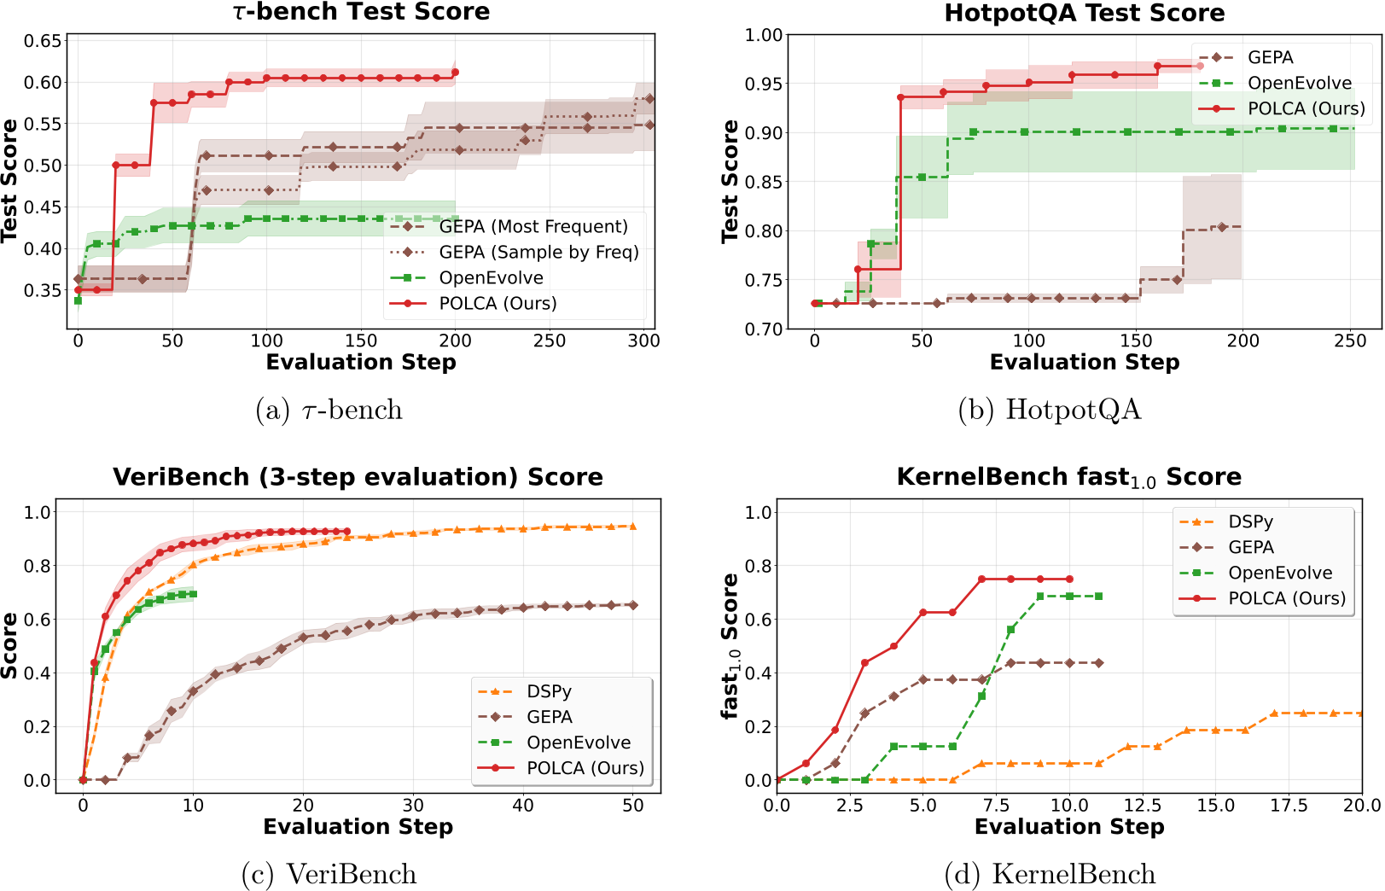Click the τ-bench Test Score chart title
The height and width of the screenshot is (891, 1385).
(x=361, y=12)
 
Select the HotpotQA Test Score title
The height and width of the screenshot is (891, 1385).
(x=1084, y=13)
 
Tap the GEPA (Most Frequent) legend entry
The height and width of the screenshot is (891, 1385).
(x=532, y=227)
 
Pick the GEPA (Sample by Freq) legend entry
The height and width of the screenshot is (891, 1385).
(x=538, y=253)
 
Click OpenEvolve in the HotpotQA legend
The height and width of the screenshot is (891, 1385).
(x=1299, y=84)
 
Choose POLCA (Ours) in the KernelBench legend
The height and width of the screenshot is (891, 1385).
(x=1286, y=599)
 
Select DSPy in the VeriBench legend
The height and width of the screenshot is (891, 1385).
(x=549, y=692)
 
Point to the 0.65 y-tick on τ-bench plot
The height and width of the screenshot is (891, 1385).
(x=43, y=41)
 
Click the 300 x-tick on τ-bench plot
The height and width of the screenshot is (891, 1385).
(x=643, y=341)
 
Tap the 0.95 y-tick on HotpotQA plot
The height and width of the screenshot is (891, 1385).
(x=764, y=84)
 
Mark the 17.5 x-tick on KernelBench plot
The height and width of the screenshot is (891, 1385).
(x=1289, y=806)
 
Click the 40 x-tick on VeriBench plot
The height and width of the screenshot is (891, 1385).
(x=523, y=806)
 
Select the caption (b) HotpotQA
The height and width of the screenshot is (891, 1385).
(x=1049, y=411)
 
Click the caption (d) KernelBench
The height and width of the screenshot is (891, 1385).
(x=1050, y=875)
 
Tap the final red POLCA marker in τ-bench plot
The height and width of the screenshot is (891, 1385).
(x=455, y=73)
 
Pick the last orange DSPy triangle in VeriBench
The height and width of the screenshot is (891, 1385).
(x=632, y=527)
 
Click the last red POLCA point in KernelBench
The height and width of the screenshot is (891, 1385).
(x=1069, y=579)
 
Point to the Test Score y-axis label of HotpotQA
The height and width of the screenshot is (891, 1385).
(x=730, y=181)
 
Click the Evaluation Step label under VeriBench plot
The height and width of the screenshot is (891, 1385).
(x=358, y=827)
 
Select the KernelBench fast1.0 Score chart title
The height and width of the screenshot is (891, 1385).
(x=1068, y=477)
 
